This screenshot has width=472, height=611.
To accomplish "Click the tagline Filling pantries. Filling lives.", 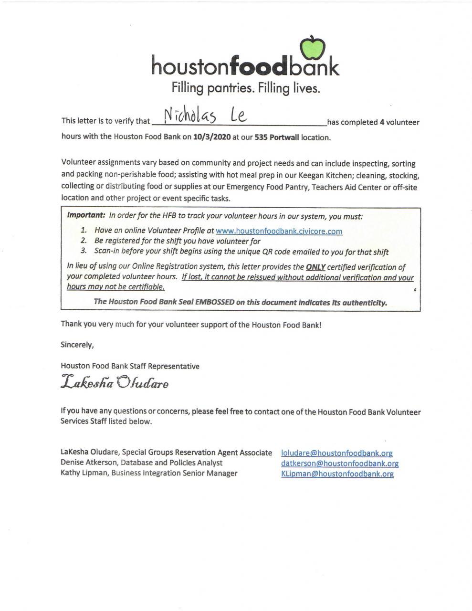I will (245, 88).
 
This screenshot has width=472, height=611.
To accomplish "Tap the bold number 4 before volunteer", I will (382, 122).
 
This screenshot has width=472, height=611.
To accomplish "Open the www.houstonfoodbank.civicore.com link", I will (279, 231).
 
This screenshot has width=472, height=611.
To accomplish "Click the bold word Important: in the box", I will (86, 215).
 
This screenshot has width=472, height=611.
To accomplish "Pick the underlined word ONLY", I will (315, 267).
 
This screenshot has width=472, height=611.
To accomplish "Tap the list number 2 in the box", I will (83, 241).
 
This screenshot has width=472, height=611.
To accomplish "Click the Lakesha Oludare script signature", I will (115, 383).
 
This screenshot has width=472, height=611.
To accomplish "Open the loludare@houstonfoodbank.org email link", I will (337, 453).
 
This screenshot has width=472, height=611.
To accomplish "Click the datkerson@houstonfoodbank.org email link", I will (340, 463).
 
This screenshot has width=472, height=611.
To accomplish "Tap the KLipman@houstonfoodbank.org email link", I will (337, 474).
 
